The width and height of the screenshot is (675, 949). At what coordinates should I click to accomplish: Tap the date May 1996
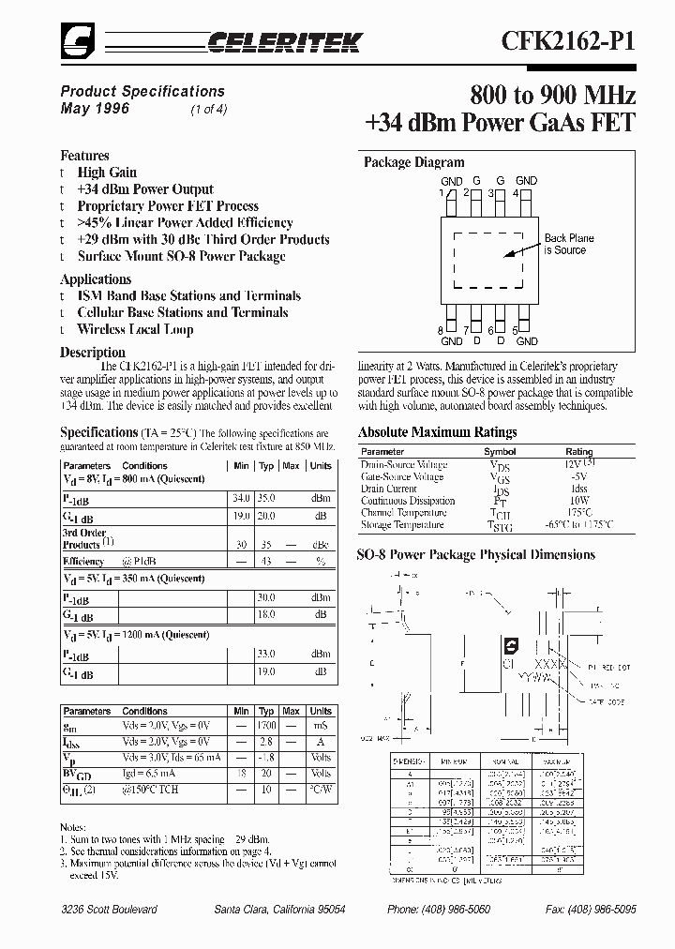pos(95,109)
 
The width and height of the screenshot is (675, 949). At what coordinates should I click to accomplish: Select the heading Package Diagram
pos(413,162)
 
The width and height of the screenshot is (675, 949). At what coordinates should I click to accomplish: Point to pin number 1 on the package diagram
pos(441,192)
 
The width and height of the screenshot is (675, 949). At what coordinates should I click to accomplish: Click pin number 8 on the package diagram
pos(441,330)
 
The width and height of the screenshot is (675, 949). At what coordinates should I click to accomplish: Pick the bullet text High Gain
pos(107,173)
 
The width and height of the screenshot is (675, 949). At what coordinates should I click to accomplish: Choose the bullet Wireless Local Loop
pos(135,330)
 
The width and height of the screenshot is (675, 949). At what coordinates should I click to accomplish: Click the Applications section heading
pos(96,279)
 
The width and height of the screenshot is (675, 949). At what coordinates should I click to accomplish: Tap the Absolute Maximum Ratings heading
pos(437,432)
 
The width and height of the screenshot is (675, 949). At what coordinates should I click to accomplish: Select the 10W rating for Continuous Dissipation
pos(578,502)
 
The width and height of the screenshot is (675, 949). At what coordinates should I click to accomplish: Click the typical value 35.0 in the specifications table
pos(266,500)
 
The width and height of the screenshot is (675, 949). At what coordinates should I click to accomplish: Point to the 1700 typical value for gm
pos(266,726)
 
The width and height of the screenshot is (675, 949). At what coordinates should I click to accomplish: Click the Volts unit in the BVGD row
pos(321,774)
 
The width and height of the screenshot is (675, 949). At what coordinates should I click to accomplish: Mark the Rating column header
pos(578,452)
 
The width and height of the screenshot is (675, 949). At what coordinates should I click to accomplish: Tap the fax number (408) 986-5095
pos(605,910)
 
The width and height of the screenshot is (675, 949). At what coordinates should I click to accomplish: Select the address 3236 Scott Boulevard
pos(109,910)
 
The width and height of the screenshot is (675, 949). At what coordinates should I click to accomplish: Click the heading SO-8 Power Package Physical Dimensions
pos(475,554)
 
